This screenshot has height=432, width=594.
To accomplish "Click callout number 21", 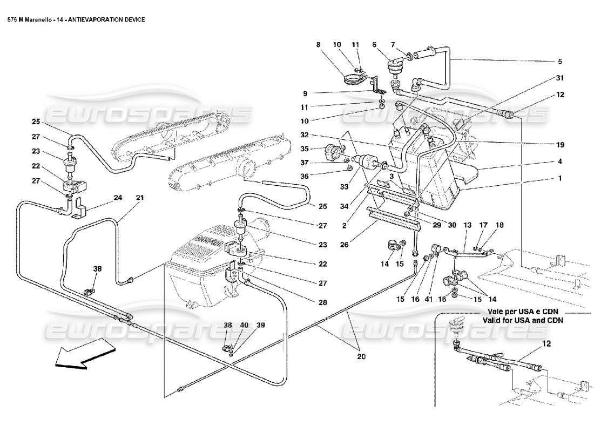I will point(140,198).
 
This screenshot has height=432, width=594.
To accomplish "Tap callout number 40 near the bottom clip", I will point(245,325).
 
